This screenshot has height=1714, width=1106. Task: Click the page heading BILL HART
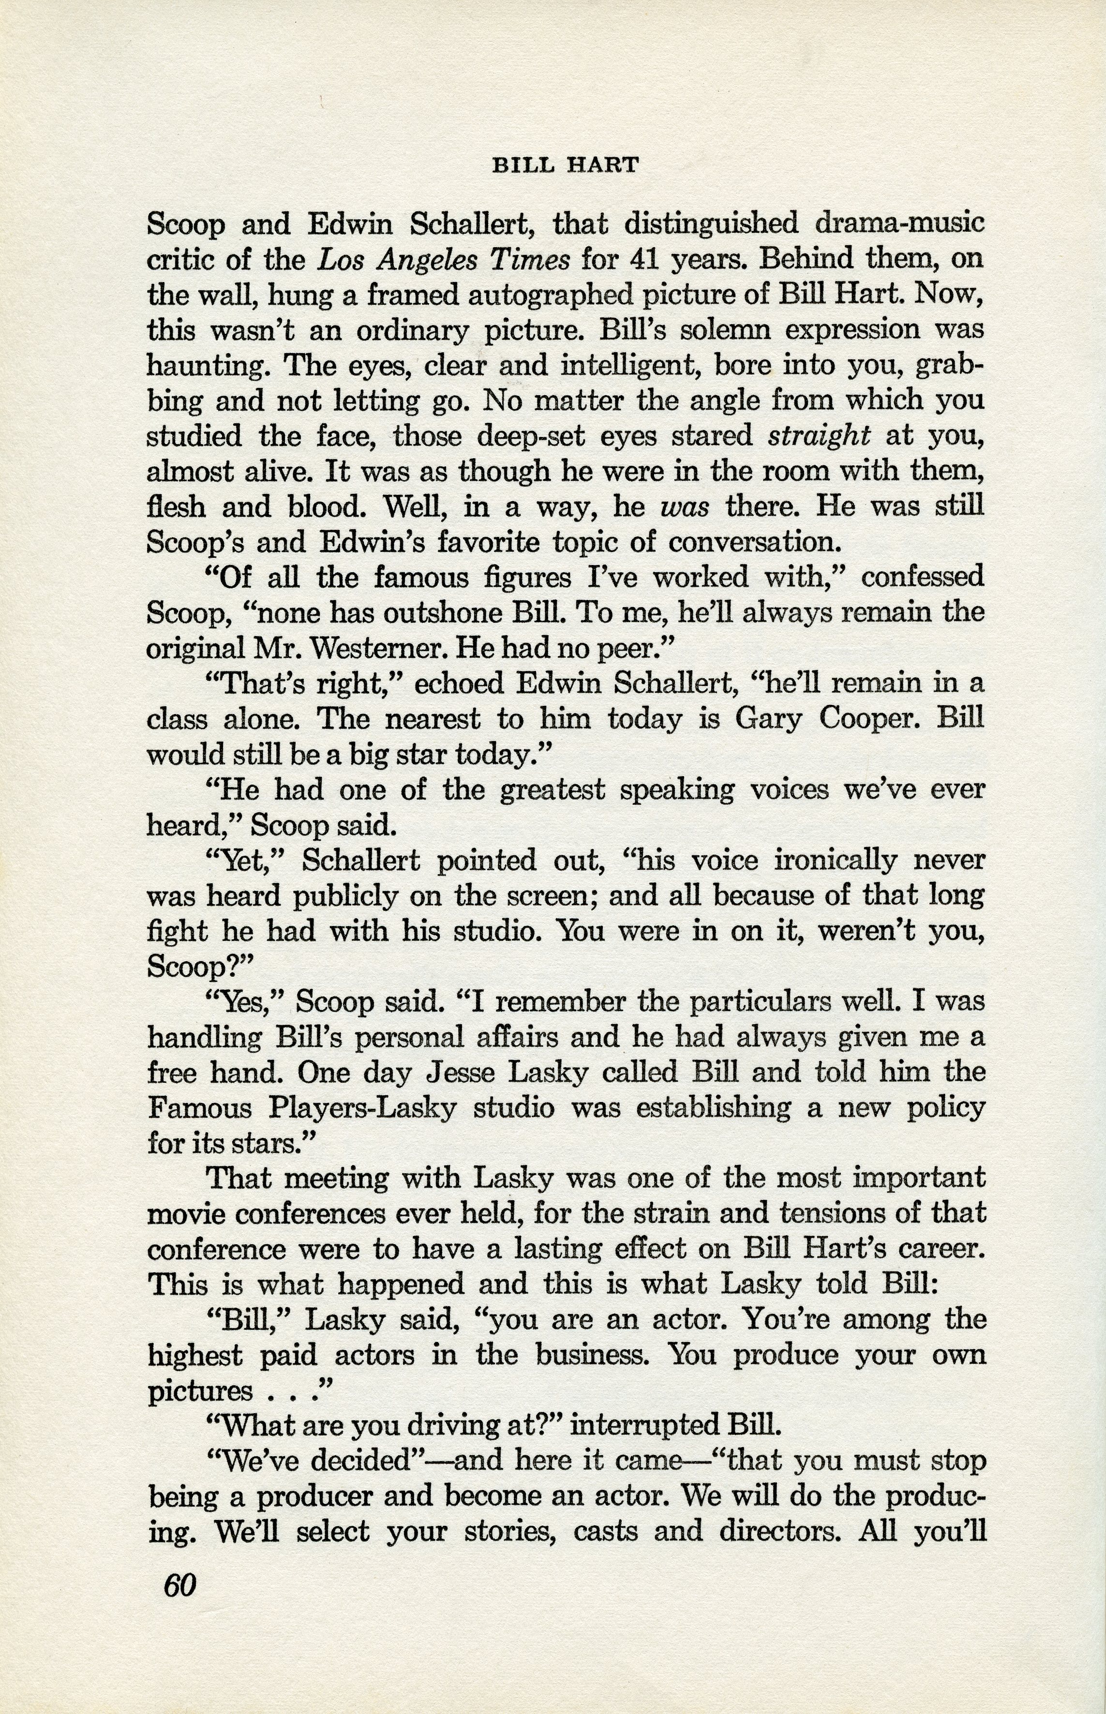click(565, 166)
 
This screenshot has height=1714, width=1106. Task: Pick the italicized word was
click(685, 507)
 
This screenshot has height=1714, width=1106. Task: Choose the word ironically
click(792, 860)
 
